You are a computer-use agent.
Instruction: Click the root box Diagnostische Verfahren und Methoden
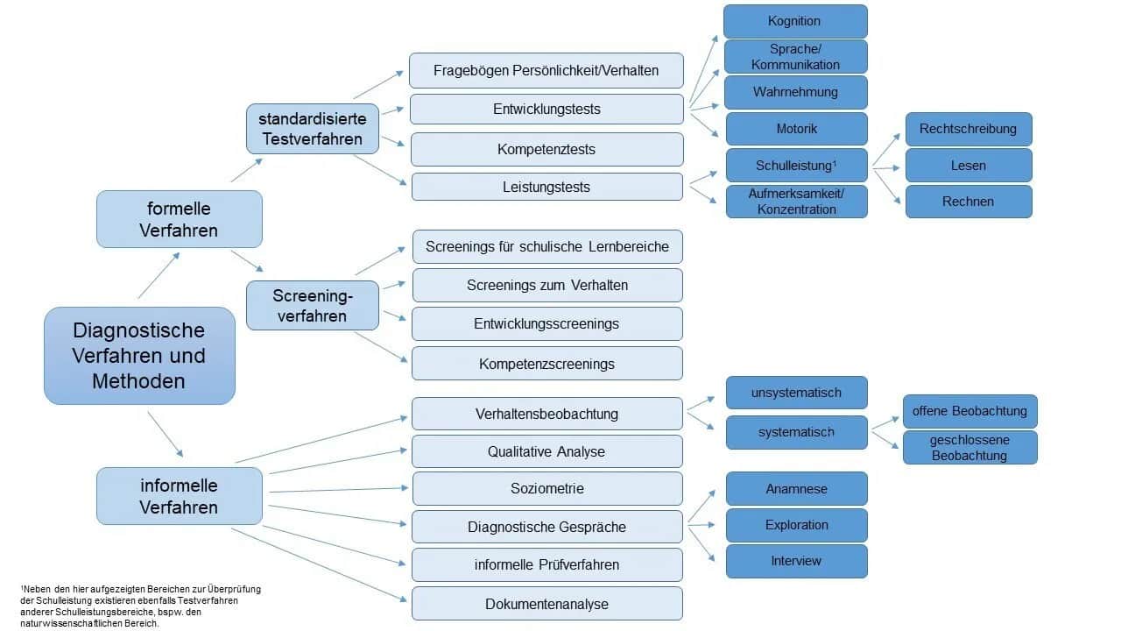[139, 356]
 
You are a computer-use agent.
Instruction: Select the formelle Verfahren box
[179, 219]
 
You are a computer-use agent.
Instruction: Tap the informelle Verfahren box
[179, 496]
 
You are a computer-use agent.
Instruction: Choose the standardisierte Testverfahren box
[312, 128]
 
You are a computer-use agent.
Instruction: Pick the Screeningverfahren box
[312, 305]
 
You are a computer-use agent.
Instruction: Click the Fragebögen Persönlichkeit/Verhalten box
[546, 70]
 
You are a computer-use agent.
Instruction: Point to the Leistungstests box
[546, 187]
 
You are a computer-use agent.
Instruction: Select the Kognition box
[795, 21]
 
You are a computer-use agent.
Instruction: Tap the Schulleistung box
[795, 165]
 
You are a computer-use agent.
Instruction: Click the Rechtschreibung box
[968, 129]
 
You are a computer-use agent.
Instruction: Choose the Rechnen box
[968, 202]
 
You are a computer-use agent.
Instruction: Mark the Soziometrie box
[546, 488]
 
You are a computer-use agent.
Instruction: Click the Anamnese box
[796, 488]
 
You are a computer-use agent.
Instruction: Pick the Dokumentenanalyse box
[546, 604]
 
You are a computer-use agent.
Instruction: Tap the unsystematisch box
[796, 393]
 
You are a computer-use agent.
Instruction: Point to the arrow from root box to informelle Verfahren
[166, 434]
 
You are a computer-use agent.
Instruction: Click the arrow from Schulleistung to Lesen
[886, 166]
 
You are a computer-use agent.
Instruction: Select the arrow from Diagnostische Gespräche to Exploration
[703, 525]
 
